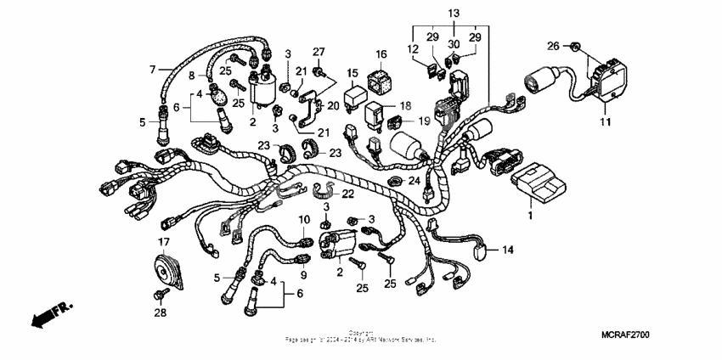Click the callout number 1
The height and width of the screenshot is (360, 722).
coord(532,217)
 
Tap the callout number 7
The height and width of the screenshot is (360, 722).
coord(153,68)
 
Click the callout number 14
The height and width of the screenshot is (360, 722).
coord(508,250)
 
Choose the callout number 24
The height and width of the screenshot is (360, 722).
coord(415,180)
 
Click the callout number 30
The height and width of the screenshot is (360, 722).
coord(454,44)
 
